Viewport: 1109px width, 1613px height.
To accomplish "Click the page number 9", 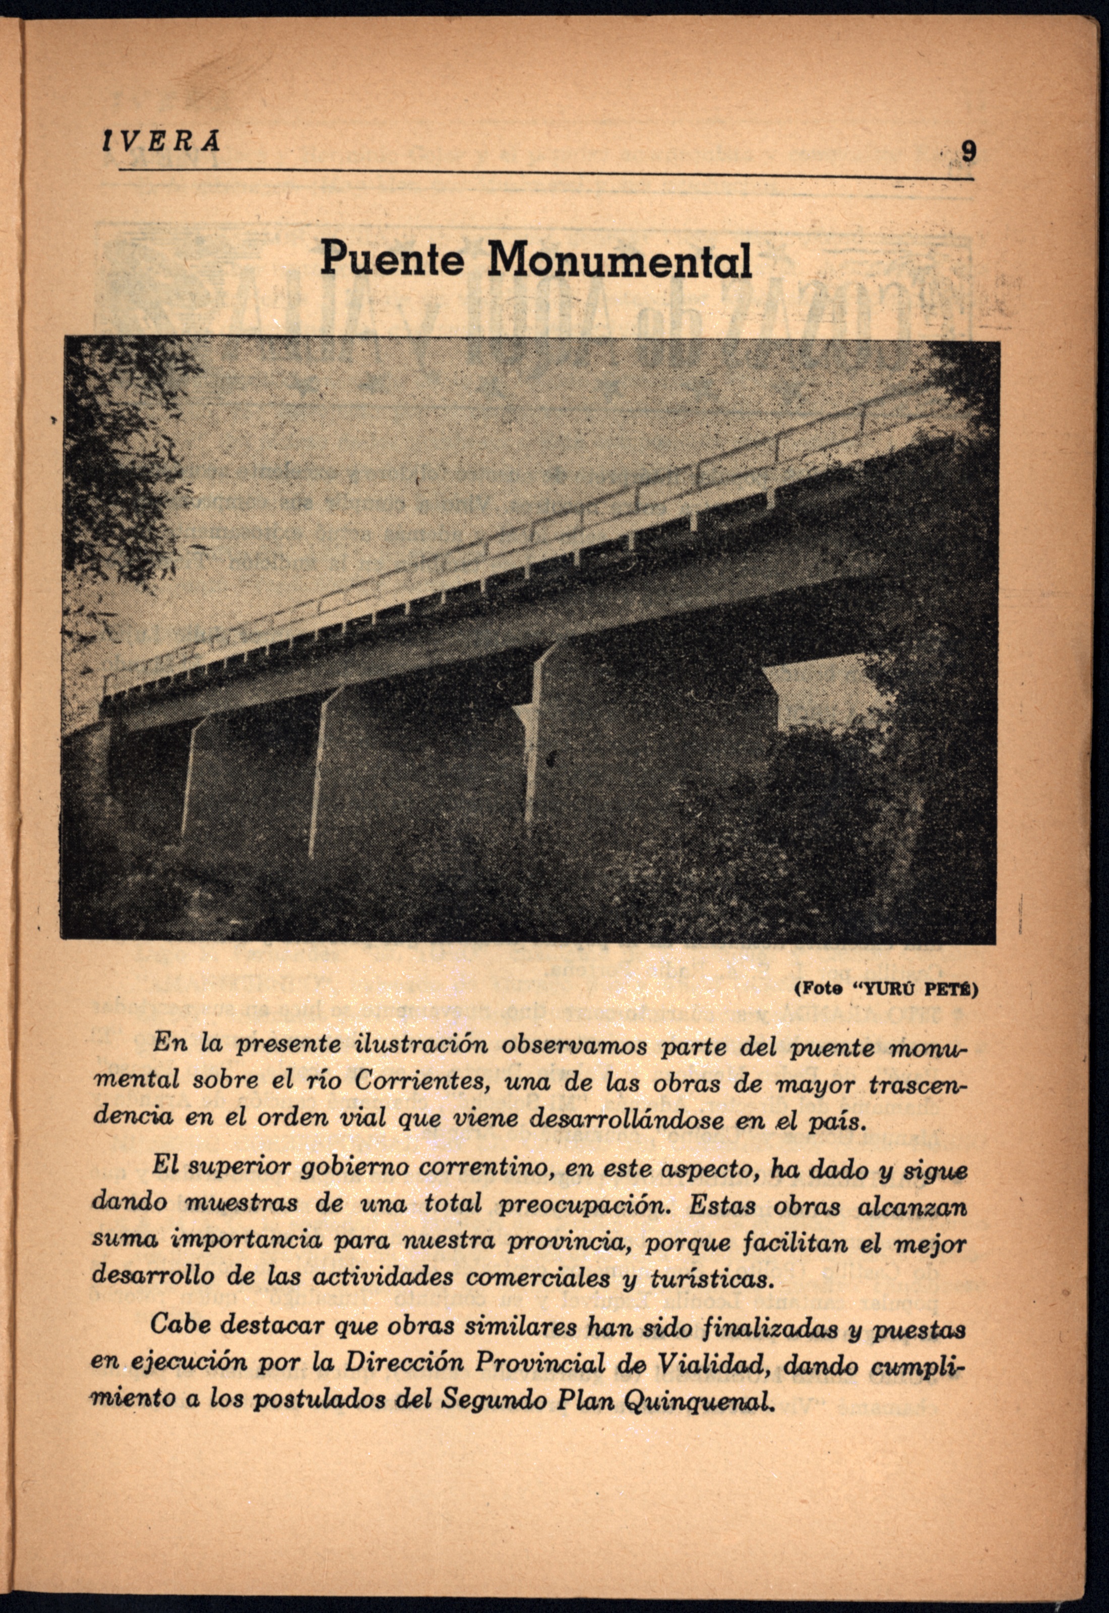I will point(966,150).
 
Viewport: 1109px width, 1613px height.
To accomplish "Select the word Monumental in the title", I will point(619,260).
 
